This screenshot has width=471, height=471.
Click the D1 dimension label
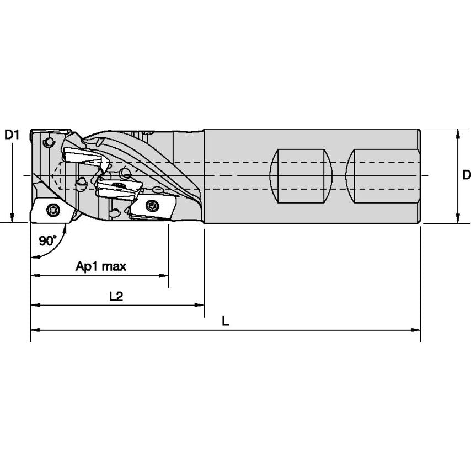12,134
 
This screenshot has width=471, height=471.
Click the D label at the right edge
466,175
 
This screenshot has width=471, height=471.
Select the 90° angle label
48,240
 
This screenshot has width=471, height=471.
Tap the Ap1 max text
101,267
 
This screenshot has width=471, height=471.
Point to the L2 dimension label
116,296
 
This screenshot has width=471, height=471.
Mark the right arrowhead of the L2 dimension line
201,304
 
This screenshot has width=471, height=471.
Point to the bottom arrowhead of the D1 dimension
12,219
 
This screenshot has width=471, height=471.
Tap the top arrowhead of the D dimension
457,132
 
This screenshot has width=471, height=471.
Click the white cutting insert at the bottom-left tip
51,211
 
